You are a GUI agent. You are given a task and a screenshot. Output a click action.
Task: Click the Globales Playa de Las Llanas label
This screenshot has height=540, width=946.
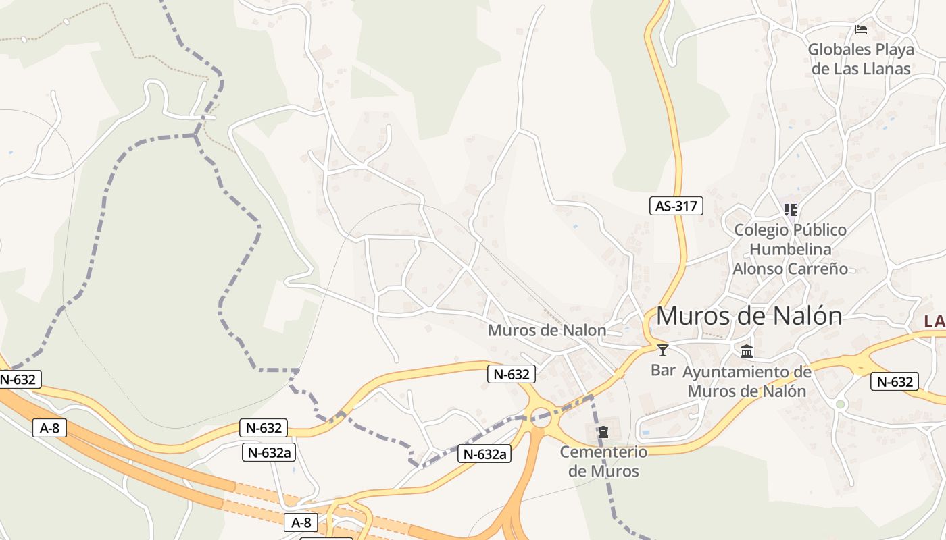pyautogui.click(x=861, y=59)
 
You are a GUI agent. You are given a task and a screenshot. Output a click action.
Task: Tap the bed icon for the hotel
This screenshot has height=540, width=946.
pyautogui.click(x=861, y=30)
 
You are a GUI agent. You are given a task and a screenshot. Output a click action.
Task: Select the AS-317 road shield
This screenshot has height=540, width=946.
pyautogui.click(x=676, y=206)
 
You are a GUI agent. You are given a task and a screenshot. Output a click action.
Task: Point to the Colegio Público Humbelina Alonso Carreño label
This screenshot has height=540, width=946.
pyautogui.click(x=790, y=249)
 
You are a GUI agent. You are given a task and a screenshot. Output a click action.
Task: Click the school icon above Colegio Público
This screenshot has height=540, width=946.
pyautogui.click(x=790, y=210)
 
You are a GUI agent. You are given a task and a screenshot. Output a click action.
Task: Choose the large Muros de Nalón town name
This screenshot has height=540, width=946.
pyautogui.click(x=749, y=316)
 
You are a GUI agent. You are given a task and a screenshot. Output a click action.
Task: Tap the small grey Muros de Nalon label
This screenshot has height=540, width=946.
pyautogui.click(x=547, y=330)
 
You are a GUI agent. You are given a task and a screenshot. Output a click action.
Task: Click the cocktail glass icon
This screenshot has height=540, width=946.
pyautogui.click(x=663, y=350)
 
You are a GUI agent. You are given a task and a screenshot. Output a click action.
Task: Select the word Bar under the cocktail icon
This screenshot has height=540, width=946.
pyautogui.click(x=663, y=370)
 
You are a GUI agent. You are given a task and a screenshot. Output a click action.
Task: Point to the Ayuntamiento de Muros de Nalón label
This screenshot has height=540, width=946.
pyautogui.click(x=747, y=381)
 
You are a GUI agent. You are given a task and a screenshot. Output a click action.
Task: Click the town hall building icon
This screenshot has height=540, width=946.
pyautogui.click(x=747, y=351)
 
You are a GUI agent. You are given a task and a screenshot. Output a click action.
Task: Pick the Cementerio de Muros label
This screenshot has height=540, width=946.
pyautogui.click(x=603, y=461)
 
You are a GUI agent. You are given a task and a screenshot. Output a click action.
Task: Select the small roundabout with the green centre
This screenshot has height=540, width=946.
pyautogui.click(x=841, y=404)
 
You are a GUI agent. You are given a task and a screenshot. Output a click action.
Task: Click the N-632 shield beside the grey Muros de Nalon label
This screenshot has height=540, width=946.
pyautogui.click(x=512, y=373)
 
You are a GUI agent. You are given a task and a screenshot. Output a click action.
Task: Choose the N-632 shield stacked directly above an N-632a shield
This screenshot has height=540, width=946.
pyautogui.click(x=264, y=427)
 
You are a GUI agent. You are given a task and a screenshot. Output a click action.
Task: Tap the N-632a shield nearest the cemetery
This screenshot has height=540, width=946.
pyautogui.click(x=484, y=454)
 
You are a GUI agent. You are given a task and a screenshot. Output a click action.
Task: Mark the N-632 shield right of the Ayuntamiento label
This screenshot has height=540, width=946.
pyautogui.click(x=895, y=381)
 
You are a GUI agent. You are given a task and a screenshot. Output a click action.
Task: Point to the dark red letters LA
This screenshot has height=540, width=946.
pyautogui.click(x=935, y=322)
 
